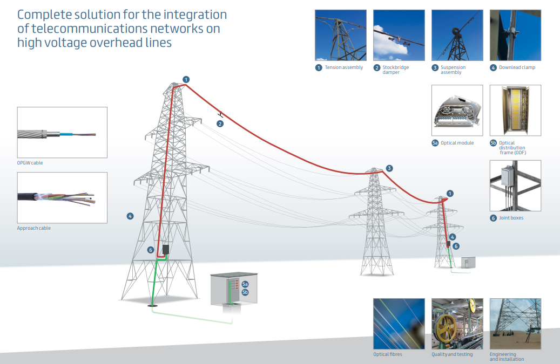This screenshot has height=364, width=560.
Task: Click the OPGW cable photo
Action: tap(62, 132)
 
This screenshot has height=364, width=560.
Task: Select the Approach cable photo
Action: tap(62, 198)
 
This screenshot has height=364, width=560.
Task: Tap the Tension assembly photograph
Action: tap(341, 35)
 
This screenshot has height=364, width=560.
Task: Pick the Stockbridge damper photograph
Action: tap(399, 35)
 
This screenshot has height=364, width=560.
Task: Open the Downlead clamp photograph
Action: tap(515, 35)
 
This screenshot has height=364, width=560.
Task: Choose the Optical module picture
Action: tap(457, 110)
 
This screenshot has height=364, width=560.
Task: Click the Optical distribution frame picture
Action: tap(515, 110)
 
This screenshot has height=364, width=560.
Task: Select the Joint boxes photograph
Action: tap(515, 186)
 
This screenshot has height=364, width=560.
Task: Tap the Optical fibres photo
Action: tap(399, 324)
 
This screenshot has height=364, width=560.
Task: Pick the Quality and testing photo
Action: tap(457, 324)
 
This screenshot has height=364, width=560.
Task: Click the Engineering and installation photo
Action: tap(515, 324)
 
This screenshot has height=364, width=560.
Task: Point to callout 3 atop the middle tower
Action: tap(389, 168)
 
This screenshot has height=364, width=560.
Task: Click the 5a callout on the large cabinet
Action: tap(245, 284)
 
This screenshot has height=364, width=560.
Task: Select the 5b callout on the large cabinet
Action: tap(245, 292)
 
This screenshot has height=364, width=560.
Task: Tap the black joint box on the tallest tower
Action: tap(166, 249)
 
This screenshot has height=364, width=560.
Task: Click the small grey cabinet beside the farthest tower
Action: tap(468, 263)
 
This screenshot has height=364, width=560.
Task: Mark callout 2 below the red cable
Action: tap(220, 123)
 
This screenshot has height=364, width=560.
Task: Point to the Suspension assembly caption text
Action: tap(453, 70)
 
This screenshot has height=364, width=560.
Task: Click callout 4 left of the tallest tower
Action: tap(130, 216)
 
